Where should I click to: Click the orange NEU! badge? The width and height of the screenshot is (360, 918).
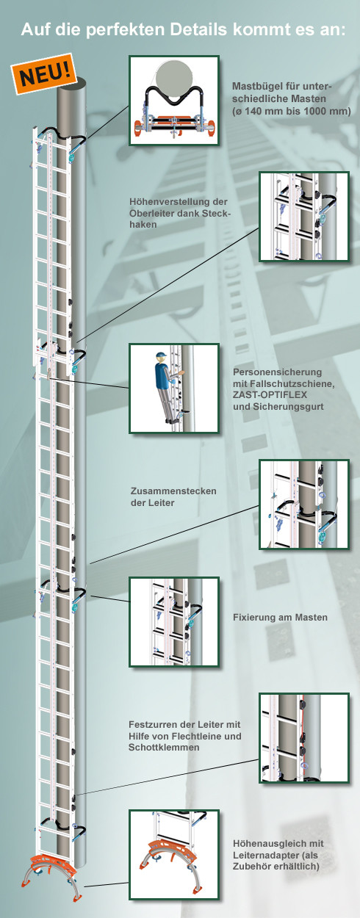pos(44,73)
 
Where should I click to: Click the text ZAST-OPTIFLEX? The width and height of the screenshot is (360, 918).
pos(270,395)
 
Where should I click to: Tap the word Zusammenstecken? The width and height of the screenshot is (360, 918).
pos(173,491)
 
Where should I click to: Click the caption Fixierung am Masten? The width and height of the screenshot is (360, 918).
pos(280,617)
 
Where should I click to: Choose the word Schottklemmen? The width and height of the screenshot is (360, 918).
pos(164,747)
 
